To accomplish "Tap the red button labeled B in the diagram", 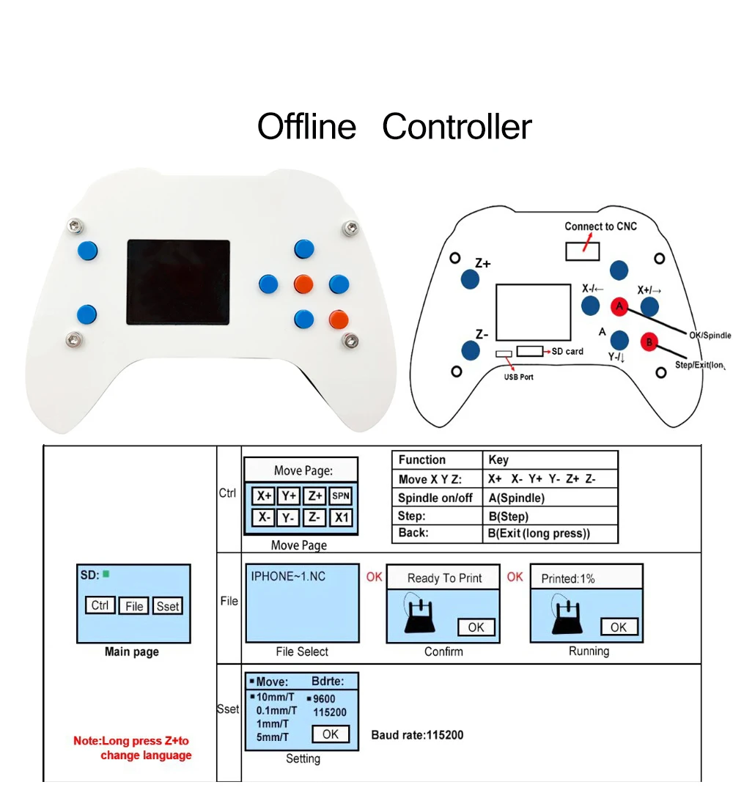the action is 649,342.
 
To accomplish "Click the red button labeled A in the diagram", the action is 619,306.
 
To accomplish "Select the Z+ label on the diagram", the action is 482,263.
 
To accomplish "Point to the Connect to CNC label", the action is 600,226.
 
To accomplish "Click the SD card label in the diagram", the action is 567,351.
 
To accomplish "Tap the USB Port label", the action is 518,377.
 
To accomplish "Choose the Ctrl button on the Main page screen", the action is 100,606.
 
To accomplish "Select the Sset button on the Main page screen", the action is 168,606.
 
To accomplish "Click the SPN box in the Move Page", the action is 341,496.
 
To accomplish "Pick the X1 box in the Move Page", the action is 341,517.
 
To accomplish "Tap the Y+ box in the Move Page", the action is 290,496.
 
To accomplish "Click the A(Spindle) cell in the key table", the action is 516,498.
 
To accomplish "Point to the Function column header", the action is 421,459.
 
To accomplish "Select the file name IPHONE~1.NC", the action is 288,576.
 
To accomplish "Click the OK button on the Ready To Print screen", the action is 476,627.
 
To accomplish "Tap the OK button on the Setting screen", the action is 331,734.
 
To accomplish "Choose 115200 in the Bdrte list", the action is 329,712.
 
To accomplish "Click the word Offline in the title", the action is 306,127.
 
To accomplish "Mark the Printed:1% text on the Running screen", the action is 567,578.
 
